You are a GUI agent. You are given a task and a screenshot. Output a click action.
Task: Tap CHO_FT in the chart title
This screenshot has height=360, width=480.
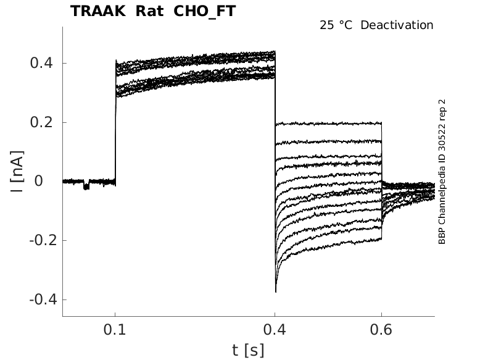click(x=205, y=11)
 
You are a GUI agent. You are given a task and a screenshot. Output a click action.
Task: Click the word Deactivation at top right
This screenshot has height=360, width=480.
click(x=397, y=25)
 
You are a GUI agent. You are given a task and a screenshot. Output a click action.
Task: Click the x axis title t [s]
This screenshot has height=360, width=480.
click(x=248, y=350)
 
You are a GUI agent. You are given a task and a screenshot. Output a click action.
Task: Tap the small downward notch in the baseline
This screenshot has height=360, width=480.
click(x=86, y=185)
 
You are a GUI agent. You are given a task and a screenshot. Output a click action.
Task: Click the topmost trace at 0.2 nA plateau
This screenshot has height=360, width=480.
click(x=327, y=123)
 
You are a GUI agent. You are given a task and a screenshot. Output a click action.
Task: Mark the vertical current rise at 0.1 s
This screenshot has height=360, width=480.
click(x=115, y=123)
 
